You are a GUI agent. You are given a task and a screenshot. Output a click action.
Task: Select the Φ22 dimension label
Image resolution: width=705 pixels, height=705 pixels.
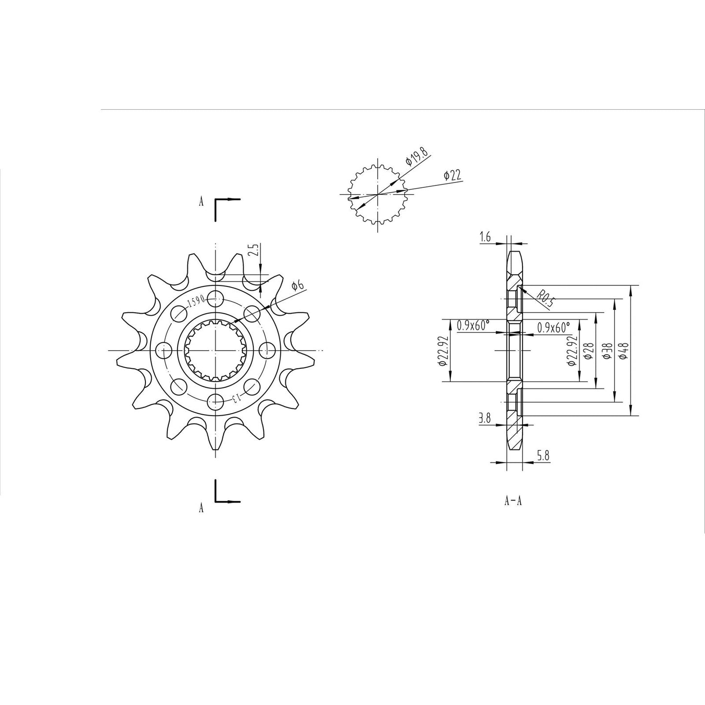[x=452, y=176]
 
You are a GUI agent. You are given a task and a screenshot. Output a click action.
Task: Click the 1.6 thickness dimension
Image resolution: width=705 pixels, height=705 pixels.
[x=485, y=238]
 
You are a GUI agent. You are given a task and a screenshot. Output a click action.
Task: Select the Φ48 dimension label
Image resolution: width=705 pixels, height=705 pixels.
[x=624, y=350]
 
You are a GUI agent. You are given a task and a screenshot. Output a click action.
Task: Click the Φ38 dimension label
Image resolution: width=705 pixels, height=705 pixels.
[x=606, y=351]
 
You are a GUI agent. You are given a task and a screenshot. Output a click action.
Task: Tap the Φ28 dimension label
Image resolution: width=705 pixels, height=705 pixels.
[x=588, y=350]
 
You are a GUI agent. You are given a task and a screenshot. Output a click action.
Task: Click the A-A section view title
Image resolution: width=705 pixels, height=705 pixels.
[x=513, y=501]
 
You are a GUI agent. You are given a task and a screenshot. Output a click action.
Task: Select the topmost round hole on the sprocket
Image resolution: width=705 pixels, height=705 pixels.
[x=215, y=297]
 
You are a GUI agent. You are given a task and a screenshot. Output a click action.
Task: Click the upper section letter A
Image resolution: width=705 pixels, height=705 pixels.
[x=201, y=202]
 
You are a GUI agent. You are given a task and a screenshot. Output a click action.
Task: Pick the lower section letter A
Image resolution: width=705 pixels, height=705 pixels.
[x=201, y=508]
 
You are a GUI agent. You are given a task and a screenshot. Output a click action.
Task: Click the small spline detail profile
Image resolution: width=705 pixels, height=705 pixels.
[x=378, y=194]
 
